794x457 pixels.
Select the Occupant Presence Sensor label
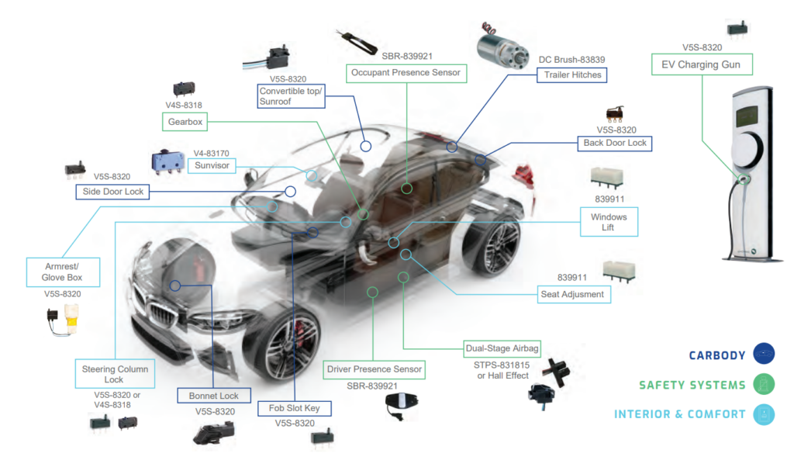tap(406, 73)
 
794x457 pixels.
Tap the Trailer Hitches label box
tap(571, 75)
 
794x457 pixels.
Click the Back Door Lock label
tap(615, 144)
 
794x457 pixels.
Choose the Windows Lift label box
tap(609, 222)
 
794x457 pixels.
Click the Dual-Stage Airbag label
tap(502, 348)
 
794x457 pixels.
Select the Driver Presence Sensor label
tap(375, 369)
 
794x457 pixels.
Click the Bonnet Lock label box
tap(214, 396)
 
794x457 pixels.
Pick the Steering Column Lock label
tap(114, 375)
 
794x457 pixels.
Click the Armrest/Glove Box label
tap(64, 272)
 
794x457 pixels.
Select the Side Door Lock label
tap(112, 192)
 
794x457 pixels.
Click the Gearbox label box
tap(185, 122)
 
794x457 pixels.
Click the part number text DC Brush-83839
tap(571, 60)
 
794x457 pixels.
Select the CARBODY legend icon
tap(764, 355)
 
